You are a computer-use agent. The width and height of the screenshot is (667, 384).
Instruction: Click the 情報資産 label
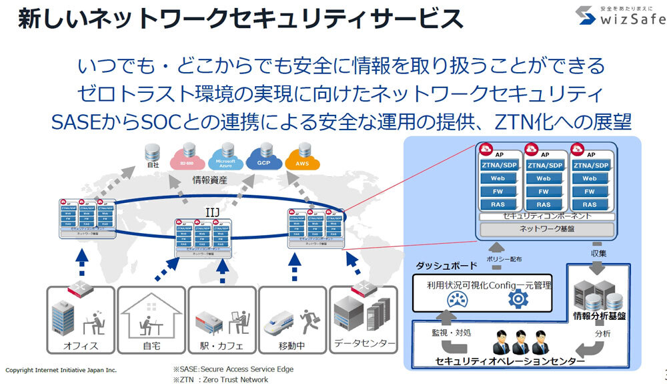pos(210,180)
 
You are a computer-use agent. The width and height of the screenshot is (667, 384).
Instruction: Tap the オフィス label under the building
pos(81,346)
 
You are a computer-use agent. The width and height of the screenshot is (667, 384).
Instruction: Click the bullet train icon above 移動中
pos(280,325)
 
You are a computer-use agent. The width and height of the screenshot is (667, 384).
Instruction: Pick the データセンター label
pos(364,344)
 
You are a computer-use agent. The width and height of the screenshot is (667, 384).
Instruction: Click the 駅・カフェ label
pos(220,346)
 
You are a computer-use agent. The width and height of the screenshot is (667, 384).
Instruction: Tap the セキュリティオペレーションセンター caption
pos(510,361)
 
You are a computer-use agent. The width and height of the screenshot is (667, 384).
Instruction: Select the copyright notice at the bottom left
pos(61,369)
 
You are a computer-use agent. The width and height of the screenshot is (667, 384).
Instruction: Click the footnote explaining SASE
pos(233,369)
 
